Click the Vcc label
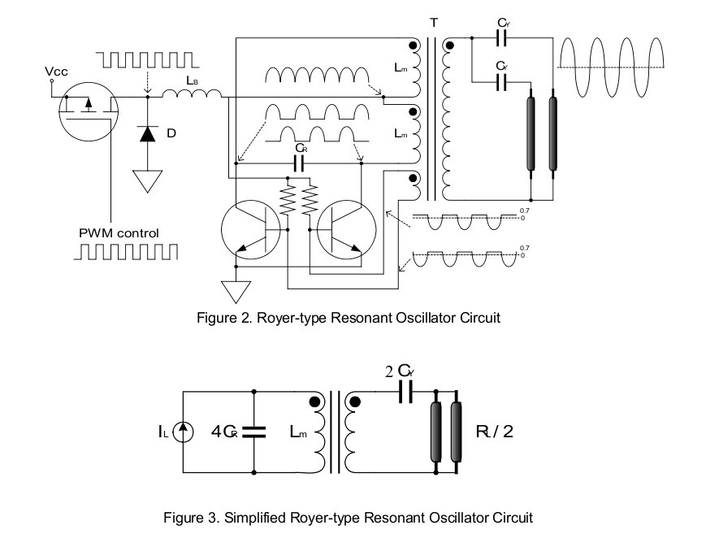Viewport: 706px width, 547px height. pyautogui.click(x=55, y=72)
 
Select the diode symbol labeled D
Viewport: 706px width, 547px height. pyautogui.click(x=147, y=133)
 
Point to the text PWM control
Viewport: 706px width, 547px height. pyautogui.click(x=119, y=233)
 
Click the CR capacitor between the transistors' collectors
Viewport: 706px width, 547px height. pyautogui.click(x=297, y=162)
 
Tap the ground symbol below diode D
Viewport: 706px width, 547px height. pyautogui.click(x=147, y=180)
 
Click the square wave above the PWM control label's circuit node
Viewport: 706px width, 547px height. pyautogui.click(x=145, y=60)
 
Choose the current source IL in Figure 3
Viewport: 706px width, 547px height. pyautogui.click(x=181, y=432)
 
